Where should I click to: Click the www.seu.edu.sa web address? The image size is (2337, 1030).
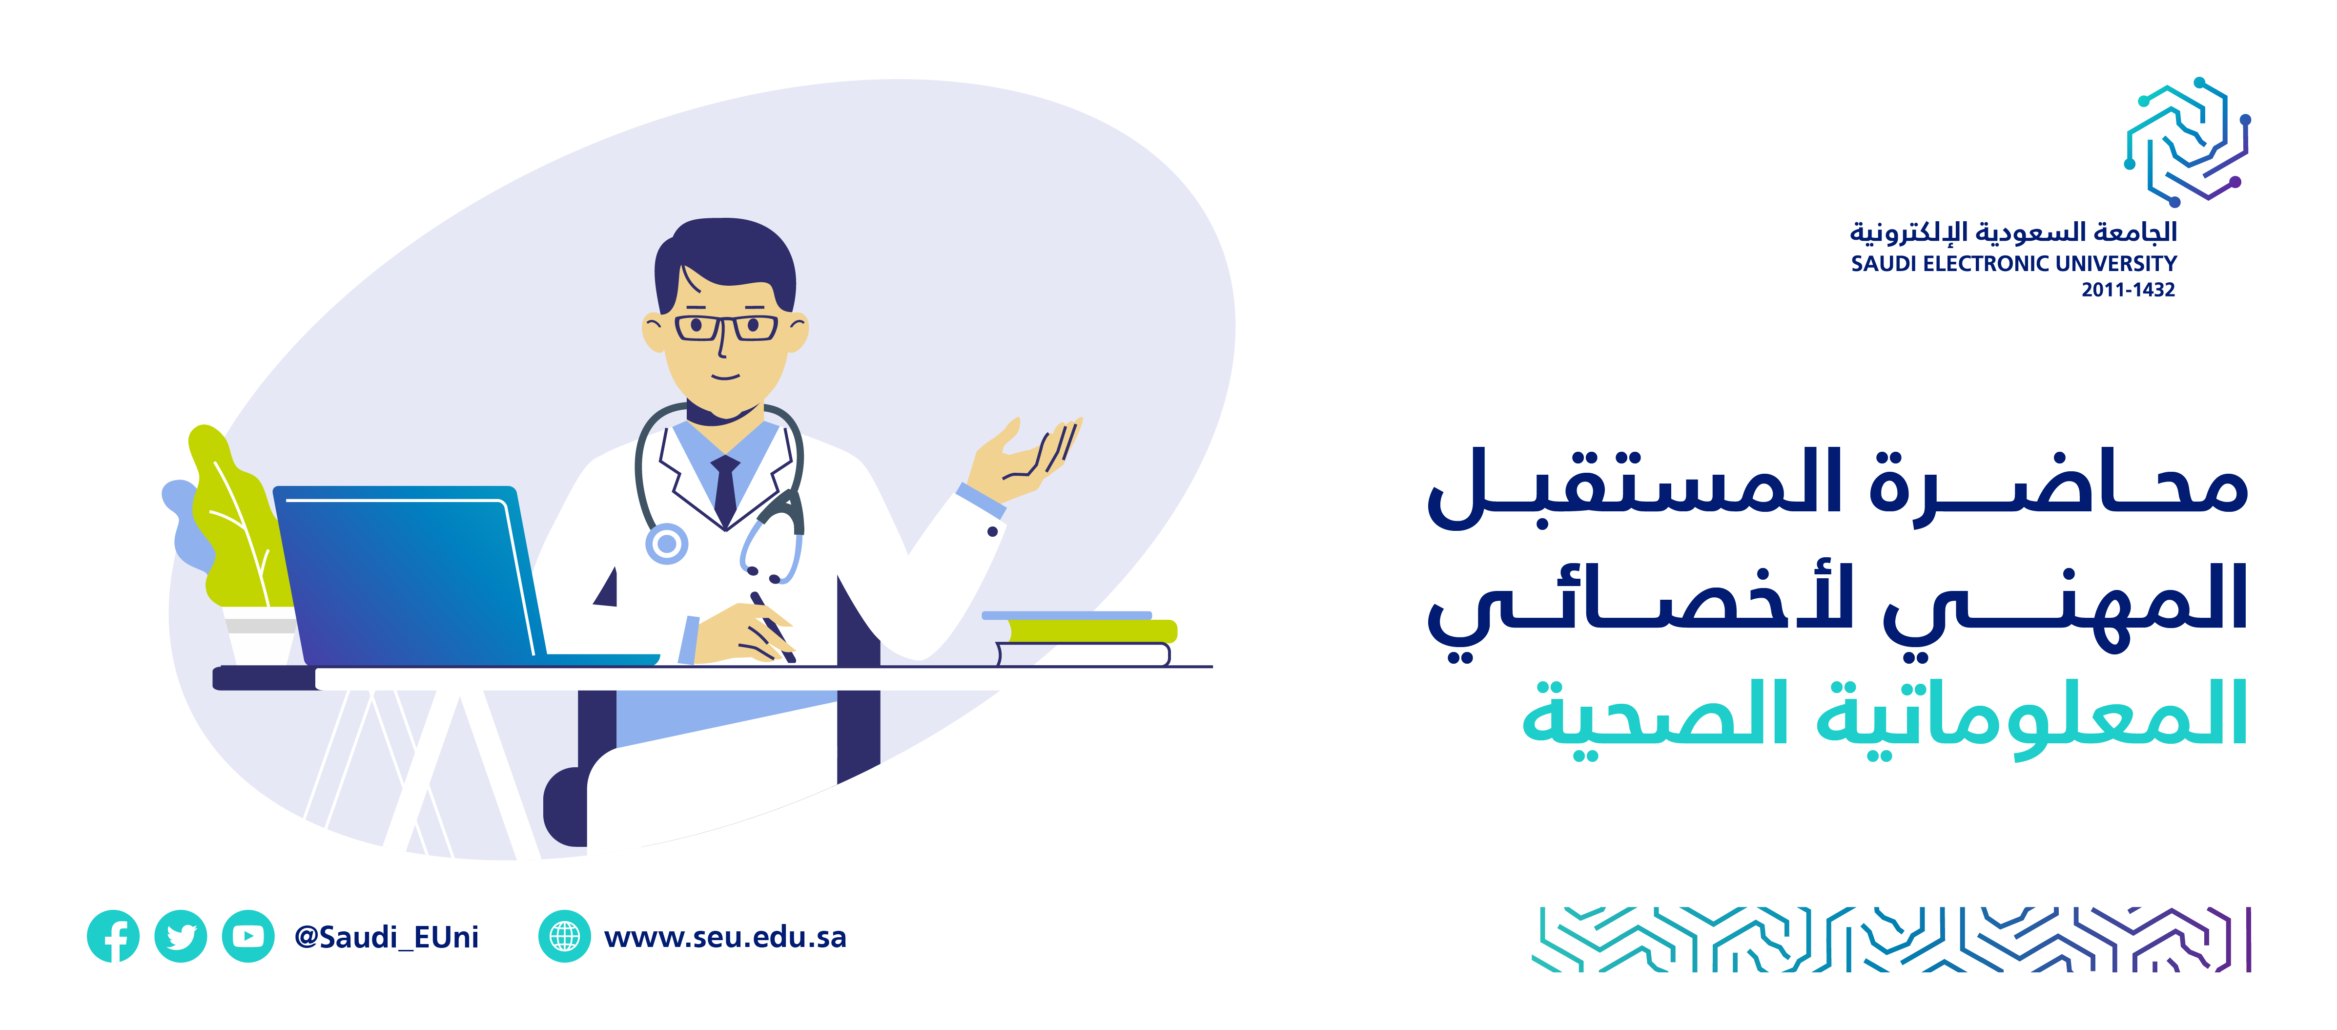tap(725, 937)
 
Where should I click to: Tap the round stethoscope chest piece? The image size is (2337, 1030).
tap(667, 544)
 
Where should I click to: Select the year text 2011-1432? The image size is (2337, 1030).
tap(2128, 290)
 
